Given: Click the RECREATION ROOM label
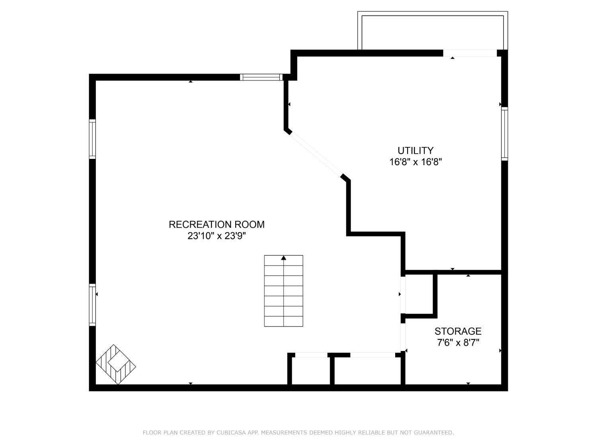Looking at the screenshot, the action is (217, 225).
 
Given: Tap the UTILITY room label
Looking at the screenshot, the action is (416, 151).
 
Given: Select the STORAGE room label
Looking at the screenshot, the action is (458, 331).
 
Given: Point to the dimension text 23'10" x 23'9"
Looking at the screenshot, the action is (217, 236).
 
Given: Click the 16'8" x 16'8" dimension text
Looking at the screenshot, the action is (416, 162).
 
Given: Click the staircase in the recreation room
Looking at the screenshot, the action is (283, 291).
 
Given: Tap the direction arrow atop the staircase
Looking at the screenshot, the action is (283, 258).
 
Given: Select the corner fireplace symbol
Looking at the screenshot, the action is (115, 364).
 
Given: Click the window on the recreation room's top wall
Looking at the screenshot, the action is (261, 77).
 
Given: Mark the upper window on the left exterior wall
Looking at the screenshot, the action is (92, 139).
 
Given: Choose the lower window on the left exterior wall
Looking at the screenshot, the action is (92, 305).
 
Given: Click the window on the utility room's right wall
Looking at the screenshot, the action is (505, 133).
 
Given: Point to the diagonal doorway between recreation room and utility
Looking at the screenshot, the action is (316, 155).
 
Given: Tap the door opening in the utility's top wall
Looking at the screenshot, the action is (470, 53).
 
